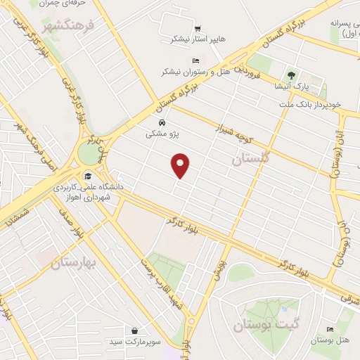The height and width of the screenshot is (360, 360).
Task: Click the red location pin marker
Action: pos(181,165)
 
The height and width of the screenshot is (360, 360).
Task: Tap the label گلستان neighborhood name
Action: pos(250,160)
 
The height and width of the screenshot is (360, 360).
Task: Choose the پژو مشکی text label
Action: pos(162,133)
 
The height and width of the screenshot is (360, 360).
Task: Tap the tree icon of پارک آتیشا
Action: pos(291,75)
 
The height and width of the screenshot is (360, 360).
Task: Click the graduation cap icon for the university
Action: pos(88,176)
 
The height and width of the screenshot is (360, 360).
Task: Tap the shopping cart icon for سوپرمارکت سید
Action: pos(134,330)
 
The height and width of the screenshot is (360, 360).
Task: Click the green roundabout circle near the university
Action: pos(90,152)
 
